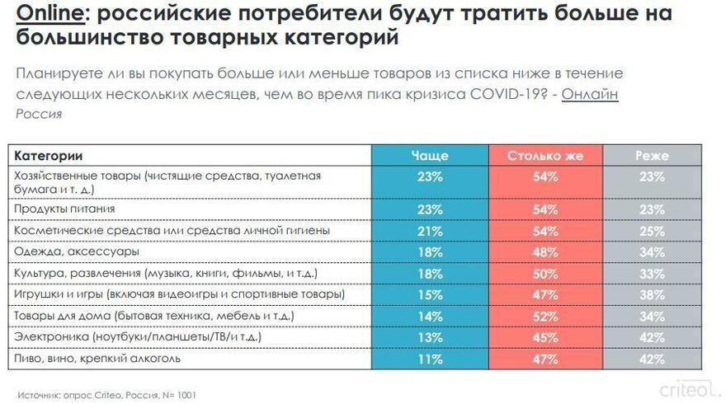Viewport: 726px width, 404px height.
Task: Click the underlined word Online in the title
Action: [45, 13]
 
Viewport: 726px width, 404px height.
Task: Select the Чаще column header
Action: [429, 155]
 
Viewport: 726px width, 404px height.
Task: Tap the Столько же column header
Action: [544, 155]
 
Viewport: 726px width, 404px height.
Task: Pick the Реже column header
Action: [652, 155]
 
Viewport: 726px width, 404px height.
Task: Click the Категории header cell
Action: [49, 155]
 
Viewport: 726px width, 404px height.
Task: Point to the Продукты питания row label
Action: [64, 209]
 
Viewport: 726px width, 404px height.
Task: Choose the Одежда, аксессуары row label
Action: [76, 251]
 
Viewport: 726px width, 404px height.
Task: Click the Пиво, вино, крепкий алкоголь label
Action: [97, 359]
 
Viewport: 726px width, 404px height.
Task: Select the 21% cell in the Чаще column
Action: [429, 230]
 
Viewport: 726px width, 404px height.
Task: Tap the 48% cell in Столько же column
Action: [544, 251]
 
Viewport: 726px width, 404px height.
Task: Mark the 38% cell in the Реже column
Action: [652, 294]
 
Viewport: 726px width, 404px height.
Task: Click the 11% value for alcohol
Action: [429, 359]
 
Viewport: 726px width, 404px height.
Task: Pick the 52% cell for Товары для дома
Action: [544, 316]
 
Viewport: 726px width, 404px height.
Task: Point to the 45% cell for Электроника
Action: [544, 337]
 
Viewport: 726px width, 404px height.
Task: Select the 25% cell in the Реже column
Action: [652, 230]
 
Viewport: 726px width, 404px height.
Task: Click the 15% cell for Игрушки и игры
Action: [429, 294]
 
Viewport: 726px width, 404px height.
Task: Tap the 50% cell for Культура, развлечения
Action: [544, 273]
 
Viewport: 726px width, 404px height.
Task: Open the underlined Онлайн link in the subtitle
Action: [590, 93]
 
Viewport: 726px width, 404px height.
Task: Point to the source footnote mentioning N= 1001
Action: [107, 395]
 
